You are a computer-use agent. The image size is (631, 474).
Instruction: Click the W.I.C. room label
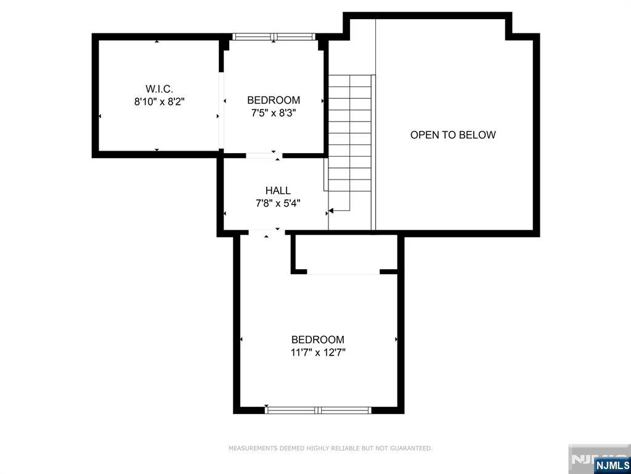tap(159, 88)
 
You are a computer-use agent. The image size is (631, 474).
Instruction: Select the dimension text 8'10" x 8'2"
tap(159, 102)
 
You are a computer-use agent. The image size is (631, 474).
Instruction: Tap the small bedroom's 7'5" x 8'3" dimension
tap(273, 113)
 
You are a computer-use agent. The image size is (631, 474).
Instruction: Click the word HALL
tap(278, 191)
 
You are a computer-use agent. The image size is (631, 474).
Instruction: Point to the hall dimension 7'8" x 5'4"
tap(278, 203)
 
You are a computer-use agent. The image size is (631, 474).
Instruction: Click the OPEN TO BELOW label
tap(453, 135)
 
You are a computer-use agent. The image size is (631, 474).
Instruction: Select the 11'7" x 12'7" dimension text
tap(318, 353)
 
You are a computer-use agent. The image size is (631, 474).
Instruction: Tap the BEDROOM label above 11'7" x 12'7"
tap(318, 339)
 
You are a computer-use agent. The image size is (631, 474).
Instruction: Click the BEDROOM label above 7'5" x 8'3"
tap(273, 100)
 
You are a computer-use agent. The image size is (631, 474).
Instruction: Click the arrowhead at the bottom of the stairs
tap(331, 211)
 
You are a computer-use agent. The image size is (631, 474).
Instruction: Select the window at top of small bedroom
tap(274, 37)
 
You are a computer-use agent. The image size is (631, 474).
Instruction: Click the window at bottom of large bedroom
tap(318, 409)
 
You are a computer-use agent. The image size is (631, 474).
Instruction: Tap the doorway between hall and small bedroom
tap(263, 155)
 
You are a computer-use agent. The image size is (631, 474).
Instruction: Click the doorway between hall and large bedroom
tap(267, 232)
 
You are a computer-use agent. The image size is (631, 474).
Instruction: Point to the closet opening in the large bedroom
tap(343, 272)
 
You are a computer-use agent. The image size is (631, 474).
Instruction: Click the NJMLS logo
tap(612, 465)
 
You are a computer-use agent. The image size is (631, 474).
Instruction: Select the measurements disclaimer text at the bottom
tap(330, 449)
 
